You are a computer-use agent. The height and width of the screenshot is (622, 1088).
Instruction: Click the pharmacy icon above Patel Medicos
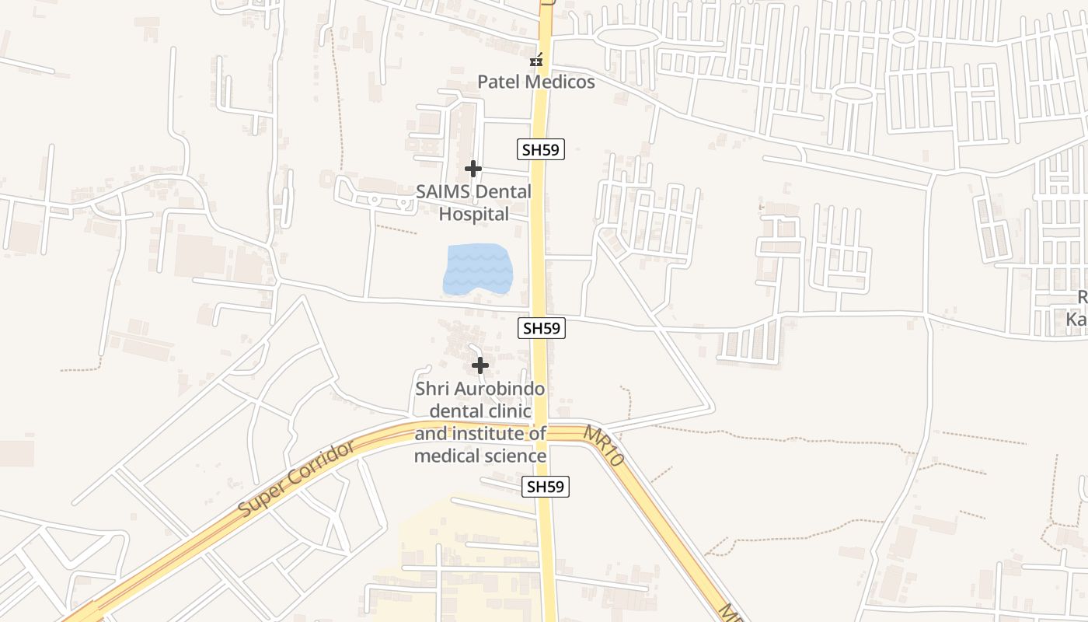point(536,60)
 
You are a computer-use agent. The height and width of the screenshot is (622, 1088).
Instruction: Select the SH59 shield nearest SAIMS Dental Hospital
point(541,150)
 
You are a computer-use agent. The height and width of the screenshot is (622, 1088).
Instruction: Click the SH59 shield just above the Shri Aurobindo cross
point(542,328)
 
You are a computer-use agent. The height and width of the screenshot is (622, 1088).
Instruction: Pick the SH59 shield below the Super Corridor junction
point(546,487)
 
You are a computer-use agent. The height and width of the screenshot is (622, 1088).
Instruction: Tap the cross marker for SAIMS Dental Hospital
point(473,168)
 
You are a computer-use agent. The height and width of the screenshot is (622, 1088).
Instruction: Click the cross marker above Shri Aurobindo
point(480,365)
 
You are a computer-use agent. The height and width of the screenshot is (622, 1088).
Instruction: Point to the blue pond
point(478,269)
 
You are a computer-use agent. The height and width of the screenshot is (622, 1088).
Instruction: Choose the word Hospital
point(474,214)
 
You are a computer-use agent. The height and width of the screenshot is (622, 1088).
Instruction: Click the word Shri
point(432,389)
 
